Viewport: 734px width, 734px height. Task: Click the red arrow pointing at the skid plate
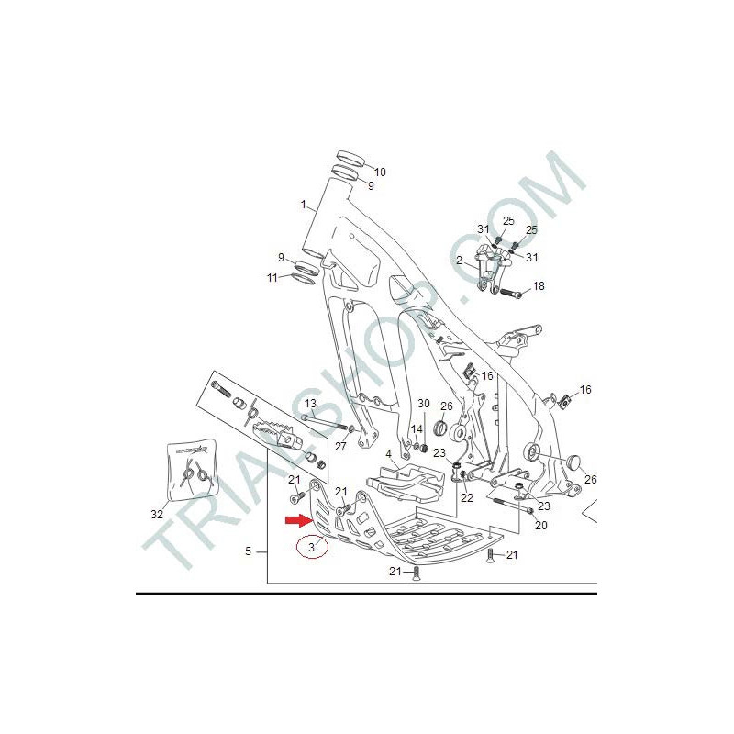[299, 520]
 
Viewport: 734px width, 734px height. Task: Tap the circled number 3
[312, 547]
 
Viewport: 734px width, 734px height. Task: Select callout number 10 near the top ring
[380, 172]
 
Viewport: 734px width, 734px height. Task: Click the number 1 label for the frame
[304, 205]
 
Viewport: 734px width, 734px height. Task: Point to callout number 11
[272, 278]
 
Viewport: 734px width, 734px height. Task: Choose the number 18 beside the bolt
[539, 285]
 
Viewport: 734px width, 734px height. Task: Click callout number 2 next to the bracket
[460, 261]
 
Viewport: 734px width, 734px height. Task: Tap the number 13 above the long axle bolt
[310, 403]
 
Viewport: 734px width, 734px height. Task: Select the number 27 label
[340, 446]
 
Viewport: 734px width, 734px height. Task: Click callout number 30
[424, 404]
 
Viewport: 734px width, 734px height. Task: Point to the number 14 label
[417, 428]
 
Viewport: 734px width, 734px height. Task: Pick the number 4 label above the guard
[388, 454]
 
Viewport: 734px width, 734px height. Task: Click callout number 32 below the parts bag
[157, 514]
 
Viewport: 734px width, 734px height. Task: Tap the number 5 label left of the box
[249, 551]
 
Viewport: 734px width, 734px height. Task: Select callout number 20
[541, 525]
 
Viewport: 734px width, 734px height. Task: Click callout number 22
[467, 497]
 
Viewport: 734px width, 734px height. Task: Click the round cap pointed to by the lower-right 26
[573, 462]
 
